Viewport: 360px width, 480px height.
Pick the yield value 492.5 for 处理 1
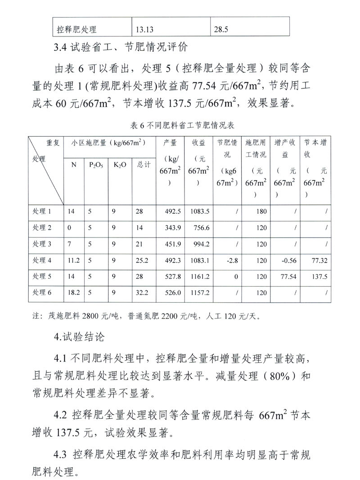point(173,211)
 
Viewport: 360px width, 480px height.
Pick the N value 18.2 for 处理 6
point(74,292)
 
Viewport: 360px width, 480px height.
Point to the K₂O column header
point(119,165)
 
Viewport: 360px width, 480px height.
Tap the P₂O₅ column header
point(95,165)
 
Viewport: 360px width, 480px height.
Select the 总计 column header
point(143,165)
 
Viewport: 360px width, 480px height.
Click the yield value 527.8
point(173,276)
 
